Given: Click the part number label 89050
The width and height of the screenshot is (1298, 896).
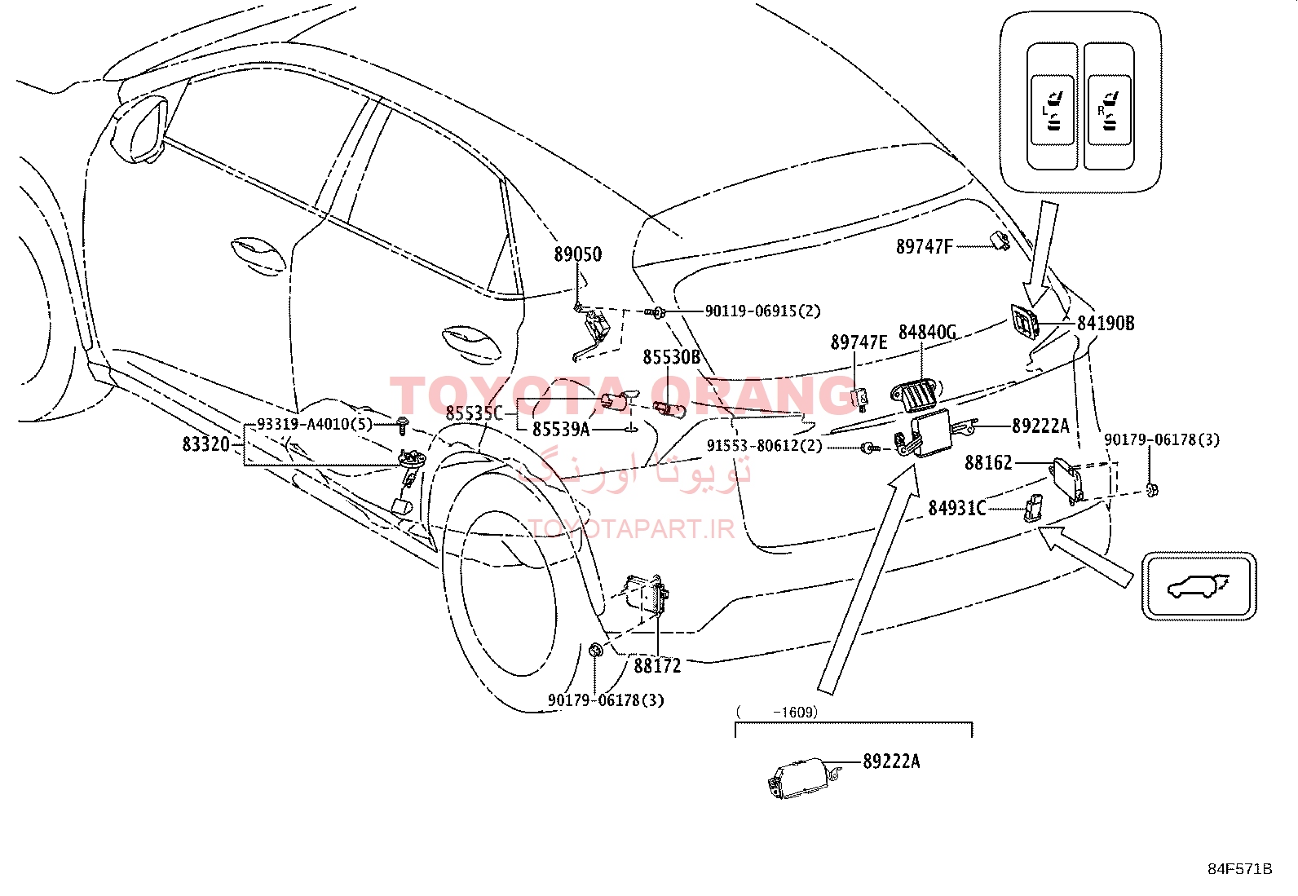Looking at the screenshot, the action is (x=578, y=254).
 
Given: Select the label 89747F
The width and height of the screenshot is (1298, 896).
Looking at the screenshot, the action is (x=925, y=247).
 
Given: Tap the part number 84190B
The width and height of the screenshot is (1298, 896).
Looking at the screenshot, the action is (x=1106, y=324).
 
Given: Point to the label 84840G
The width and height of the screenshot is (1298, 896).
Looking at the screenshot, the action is (x=927, y=332).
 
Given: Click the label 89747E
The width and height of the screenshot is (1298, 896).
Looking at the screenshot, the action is (x=859, y=342).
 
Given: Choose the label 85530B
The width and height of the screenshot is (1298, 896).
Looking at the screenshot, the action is (x=672, y=357).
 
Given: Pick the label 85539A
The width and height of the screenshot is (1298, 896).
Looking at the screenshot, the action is (x=561, y=430).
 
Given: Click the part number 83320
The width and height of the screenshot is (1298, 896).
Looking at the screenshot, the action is (x=206, y=444).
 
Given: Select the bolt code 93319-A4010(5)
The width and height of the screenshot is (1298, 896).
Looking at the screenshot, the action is (x=315, y=424).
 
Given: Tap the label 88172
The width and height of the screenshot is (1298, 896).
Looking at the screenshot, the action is (x=657, y=666).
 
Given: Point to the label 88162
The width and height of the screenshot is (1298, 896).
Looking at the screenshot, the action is (x=988, y=463).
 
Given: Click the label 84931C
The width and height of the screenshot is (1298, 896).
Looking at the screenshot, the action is (x=956, y=508).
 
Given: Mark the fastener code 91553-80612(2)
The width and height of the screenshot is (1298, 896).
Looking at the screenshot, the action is (x=764, y=446).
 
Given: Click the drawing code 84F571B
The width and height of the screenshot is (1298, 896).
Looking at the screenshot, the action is (x=1240, y=869).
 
